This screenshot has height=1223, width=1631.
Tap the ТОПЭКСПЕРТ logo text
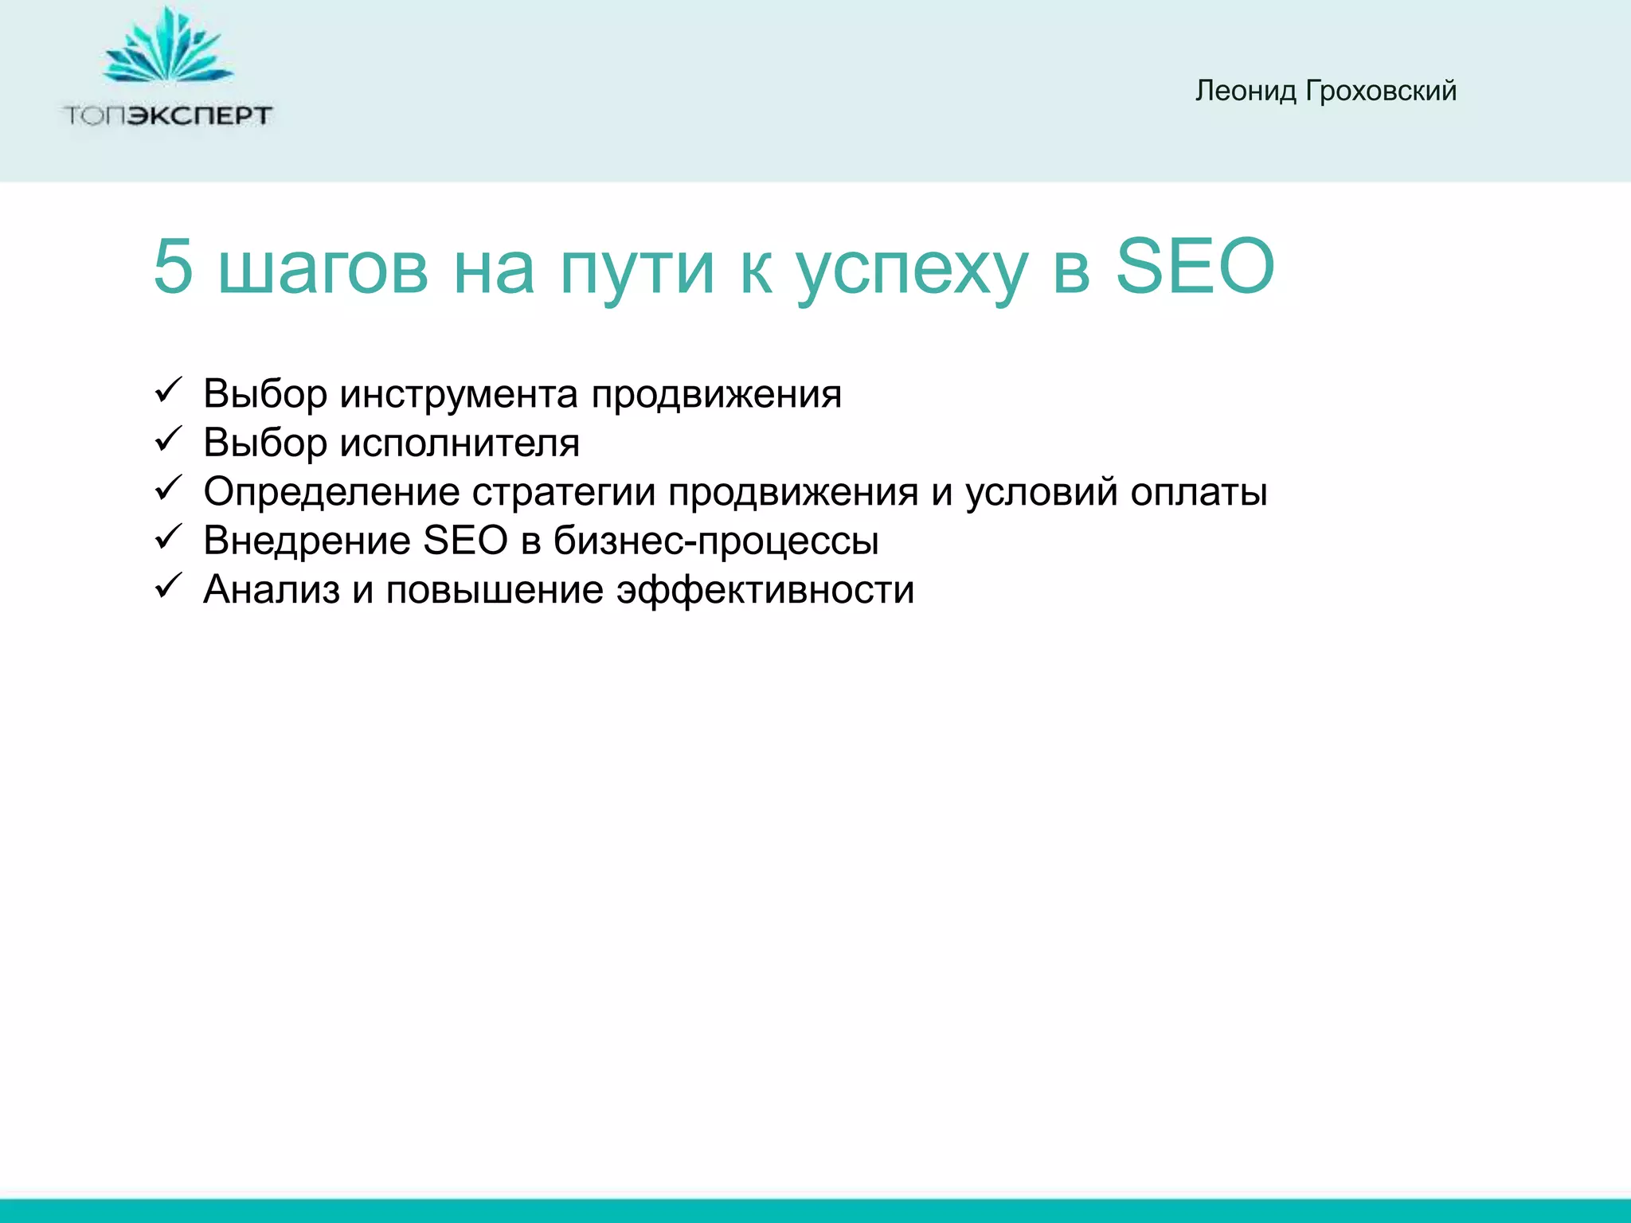pos(168,116)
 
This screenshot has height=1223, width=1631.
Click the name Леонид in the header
pos(1246,92)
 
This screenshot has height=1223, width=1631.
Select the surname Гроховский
pos(1381,92)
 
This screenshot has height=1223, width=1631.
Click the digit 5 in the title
pos(173,267)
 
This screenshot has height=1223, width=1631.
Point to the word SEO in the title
pos(1194,267)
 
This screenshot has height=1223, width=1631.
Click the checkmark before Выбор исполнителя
pos(169,440)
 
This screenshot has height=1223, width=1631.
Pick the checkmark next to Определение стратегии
pos(169,488)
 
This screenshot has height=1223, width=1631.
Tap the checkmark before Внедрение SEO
pos(169,537)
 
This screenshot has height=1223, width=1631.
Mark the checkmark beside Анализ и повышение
pos(169,586)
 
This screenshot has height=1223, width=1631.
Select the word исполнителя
pos(460,443)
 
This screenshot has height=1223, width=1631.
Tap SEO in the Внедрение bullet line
pos(465,541)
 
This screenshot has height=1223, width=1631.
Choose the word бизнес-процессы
pos(716,541)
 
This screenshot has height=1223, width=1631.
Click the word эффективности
pos(765,591)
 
